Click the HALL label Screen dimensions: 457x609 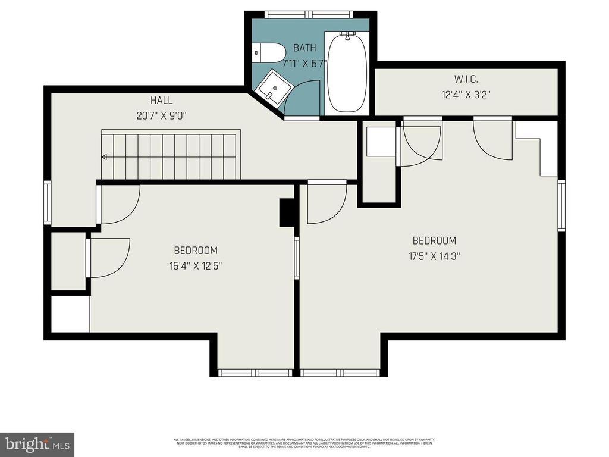click(162, 101)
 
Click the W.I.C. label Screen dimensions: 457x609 click(466, 79)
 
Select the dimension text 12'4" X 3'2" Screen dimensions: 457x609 click(466, 94)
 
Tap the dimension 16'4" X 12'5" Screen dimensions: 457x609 click(196, 266)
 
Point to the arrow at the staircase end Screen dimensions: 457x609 click(105, 157)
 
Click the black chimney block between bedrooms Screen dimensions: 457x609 click(287, 212)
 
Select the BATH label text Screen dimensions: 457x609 click(304, 48)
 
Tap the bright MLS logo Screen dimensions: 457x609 click(36, 444)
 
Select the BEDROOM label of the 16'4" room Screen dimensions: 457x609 click(196, 251)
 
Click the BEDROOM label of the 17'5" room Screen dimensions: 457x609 click(435, 241)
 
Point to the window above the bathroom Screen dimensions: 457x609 click(310, 14)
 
